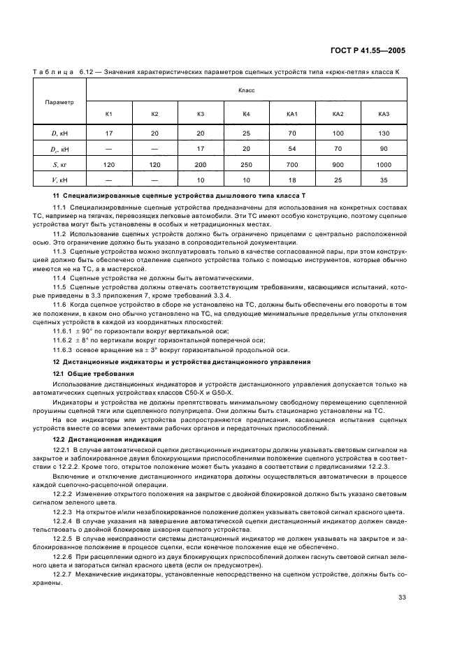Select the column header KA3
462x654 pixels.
pos(383,114)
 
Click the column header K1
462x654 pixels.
pos(109,114)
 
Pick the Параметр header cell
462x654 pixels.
pos(59,102)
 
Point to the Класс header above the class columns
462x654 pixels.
pos(246,90)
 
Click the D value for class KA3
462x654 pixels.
pos(383,132)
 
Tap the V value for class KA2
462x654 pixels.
pos(338,180)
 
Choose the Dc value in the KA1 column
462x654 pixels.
pos(292,148)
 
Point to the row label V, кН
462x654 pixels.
pos(59,180)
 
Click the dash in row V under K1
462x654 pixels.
pos(109,180)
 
